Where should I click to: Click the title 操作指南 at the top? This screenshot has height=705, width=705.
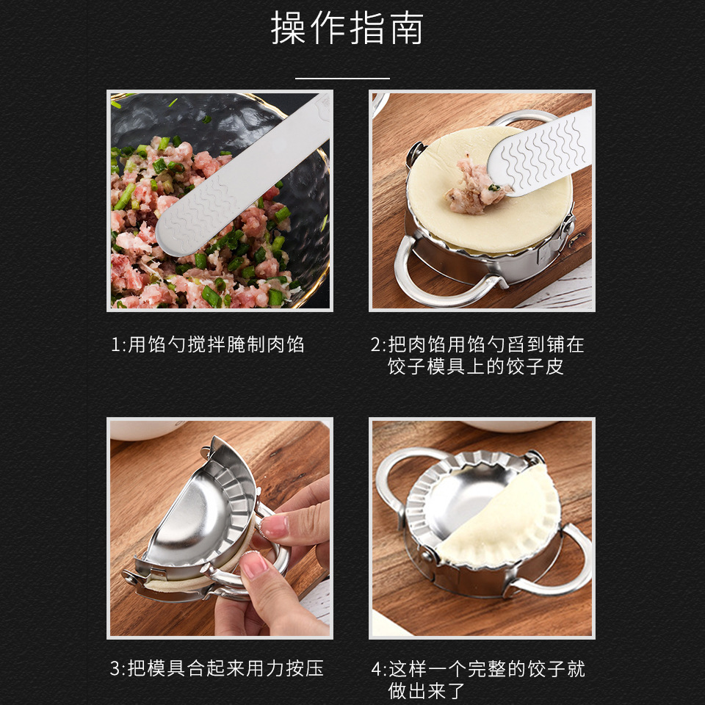tap(347, 29)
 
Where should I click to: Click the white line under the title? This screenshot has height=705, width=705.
tap(342, 77)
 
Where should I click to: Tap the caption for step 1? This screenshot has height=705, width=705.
tap(207, 344)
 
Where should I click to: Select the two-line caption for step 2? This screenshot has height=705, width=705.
tap(477, 355)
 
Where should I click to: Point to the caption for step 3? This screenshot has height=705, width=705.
tap(217, 668)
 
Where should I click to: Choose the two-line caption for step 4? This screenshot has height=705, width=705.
tap(478, 679)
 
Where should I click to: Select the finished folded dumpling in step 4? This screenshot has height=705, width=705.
tap(507, 521)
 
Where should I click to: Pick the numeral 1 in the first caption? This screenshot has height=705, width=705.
tap(115, 344)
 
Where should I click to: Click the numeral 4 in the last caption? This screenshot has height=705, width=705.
tap(377, 669)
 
